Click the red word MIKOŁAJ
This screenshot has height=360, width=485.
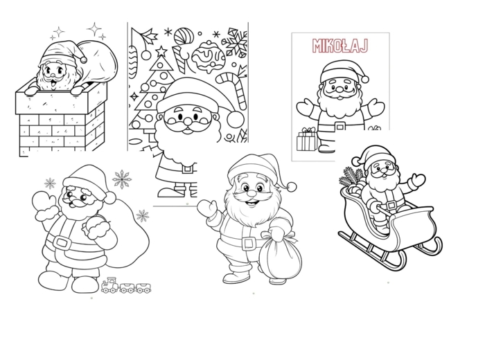click(x=340, y=46)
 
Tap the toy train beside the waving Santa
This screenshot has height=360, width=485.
click(x=127, y=285)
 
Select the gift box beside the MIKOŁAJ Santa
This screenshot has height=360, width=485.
click(x=306, y=140)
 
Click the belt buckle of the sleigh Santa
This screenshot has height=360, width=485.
click(x=391, y=204)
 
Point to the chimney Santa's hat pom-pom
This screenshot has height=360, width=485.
click(x=83, y=59)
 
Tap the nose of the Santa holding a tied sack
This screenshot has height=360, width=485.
click(x=252, y=193)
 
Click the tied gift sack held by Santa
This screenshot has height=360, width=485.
click(x=280, y=255)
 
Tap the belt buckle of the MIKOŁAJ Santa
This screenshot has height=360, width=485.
click(x=340, y=126)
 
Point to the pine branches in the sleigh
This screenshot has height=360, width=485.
click(x=351, y=178)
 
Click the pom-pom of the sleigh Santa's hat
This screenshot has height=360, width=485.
click(x=355, y=161)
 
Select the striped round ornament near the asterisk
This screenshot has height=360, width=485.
click(x=184, y=36)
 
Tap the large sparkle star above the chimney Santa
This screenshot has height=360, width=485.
click(x=95, y=30)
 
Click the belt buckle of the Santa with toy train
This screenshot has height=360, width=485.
click(x=62, y=242)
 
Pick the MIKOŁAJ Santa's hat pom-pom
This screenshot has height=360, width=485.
click(x=364, y=78)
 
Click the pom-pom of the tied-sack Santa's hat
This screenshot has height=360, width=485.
click(x=292, y=187)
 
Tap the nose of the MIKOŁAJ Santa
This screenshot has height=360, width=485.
click(x=339, y=89)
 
